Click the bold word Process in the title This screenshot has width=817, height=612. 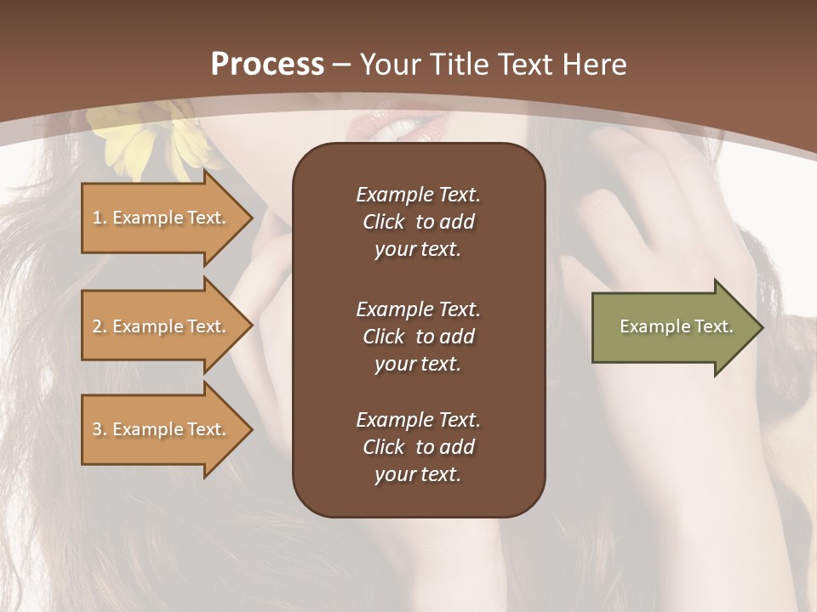click(x=267, y=65)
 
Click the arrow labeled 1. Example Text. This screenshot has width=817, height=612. click(x=162, y=218)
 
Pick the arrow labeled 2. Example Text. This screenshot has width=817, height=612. click(x=162, y=326)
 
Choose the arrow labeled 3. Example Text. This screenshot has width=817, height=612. click(x=162, y=429)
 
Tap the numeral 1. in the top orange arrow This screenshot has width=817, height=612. click(x=100, y=218)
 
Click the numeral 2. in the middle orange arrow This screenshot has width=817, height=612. click(x=100, y=326)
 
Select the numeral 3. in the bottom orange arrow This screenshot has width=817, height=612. click(x=100, y=429)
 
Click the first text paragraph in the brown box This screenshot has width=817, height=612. click(x=418, y=222)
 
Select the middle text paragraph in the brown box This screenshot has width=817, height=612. click(x=418, y=337)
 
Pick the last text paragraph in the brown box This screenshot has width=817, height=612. click(x=418, y=447)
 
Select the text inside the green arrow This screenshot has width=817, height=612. click(x=676, y=326)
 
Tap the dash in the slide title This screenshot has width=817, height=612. click(x=341, y=65)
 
